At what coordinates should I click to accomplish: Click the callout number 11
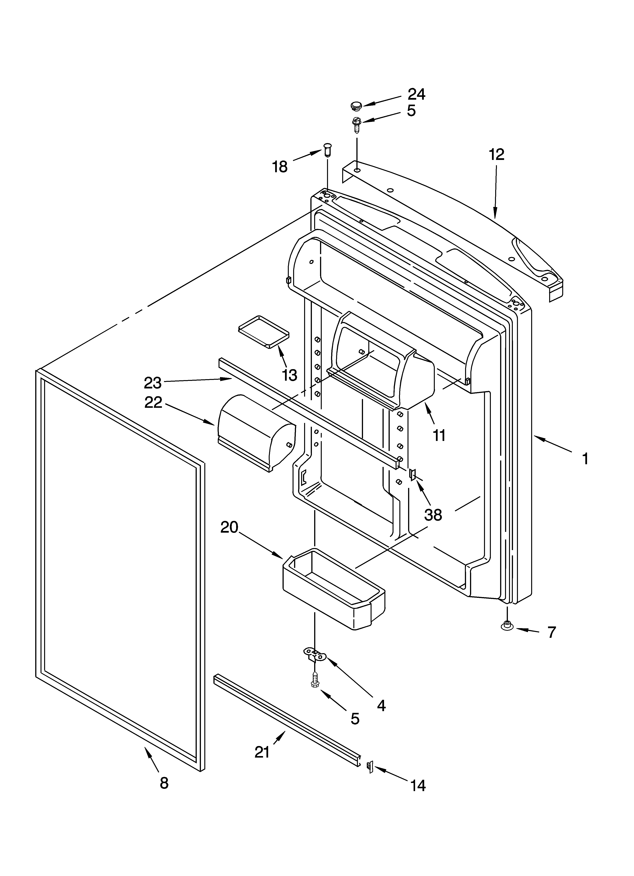(439, 435)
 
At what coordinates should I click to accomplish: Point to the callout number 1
(585, 459)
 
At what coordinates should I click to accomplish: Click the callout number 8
(164, 783)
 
